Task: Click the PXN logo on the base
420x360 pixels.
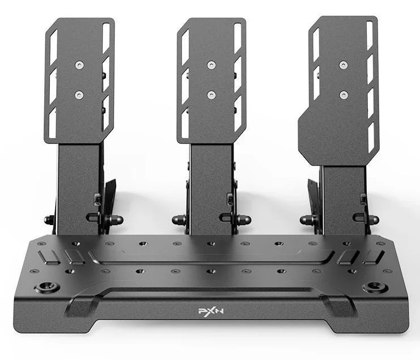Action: point(211,311)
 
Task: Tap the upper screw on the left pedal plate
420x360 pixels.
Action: point(79,65)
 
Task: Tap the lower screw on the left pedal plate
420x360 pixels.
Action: point(79,94)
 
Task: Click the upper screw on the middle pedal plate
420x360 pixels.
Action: point(211,65)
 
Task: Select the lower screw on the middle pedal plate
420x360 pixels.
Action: point(211,94)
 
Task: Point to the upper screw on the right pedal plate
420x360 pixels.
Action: point(343,65)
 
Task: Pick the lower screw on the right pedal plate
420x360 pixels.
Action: point(343,94)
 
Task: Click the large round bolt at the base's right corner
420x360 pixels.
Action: point(375,287)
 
